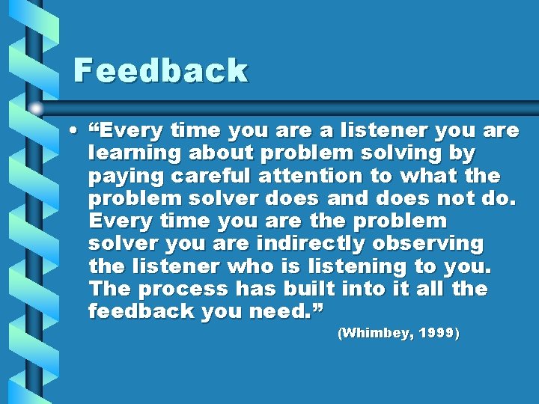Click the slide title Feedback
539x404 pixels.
(160, 71)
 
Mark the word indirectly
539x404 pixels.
(311, 243)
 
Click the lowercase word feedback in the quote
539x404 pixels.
(139, 310)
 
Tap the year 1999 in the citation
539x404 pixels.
(436, 334)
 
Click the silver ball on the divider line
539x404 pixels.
(36, 108)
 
